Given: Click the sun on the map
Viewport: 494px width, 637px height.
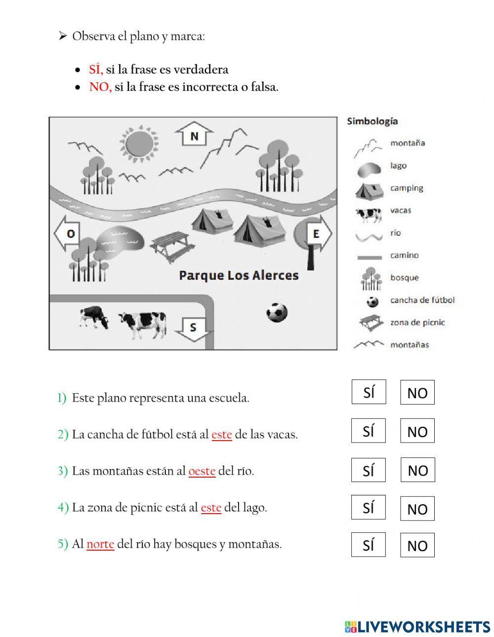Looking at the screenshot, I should point(141,143).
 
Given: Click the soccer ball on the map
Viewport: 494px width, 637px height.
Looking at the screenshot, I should point(277,312).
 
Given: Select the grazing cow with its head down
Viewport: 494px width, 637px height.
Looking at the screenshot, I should point(94,317).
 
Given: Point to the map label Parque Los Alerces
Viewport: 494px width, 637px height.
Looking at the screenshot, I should point(239,275).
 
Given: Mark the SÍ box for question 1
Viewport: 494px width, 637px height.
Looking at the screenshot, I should point(369,392).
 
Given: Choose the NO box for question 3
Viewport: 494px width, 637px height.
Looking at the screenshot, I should point(417,470).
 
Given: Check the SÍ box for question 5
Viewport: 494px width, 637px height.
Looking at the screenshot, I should point(368,545).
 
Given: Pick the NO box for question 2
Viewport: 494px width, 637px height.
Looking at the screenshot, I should point(417,431).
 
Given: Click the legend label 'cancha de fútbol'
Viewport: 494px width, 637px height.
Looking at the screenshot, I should point(422,300).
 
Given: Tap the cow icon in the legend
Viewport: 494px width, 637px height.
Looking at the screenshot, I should point(369,215).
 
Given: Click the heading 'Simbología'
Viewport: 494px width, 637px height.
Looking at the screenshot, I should point(372,121).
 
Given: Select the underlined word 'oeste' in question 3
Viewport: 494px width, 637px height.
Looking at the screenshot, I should point(202,471).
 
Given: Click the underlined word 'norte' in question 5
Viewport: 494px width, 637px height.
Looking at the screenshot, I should point(100,544).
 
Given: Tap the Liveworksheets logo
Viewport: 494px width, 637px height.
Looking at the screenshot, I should point(417,627).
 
